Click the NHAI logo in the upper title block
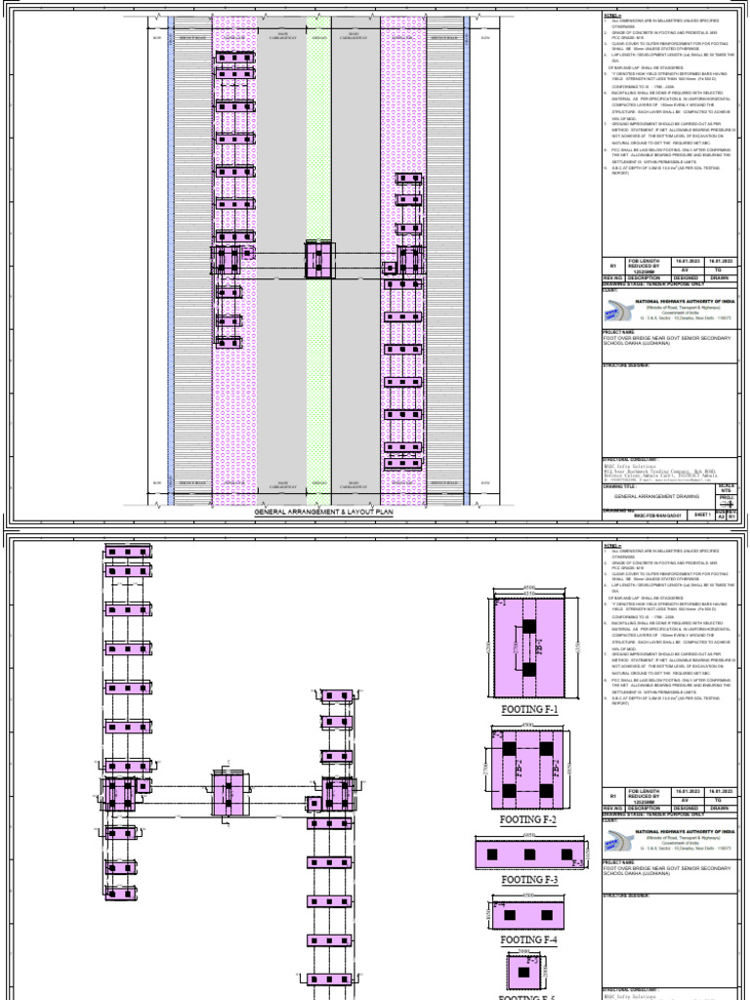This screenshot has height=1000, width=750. pyautogui.click(x=618, y=311)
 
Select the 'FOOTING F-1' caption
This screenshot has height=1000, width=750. pyautogui.click(x=529, y=709)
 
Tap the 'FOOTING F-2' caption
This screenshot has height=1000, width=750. pyautogui.click(x=529, y=821)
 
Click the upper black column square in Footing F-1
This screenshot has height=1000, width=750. pyautogui.click(x=529, y=625)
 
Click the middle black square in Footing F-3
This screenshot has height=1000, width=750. pyautogui.click(x=529, y=854)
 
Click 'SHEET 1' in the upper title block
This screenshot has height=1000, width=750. pyautogui.click(x=700, y=513)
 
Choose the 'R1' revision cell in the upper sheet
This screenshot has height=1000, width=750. pyautogui.click(x=613, y=266)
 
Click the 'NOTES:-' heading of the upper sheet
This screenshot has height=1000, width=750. pyautogui.click(x=610, y=16)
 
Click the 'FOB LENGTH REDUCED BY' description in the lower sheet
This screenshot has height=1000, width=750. pyautogui.click(x=646, y=797)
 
